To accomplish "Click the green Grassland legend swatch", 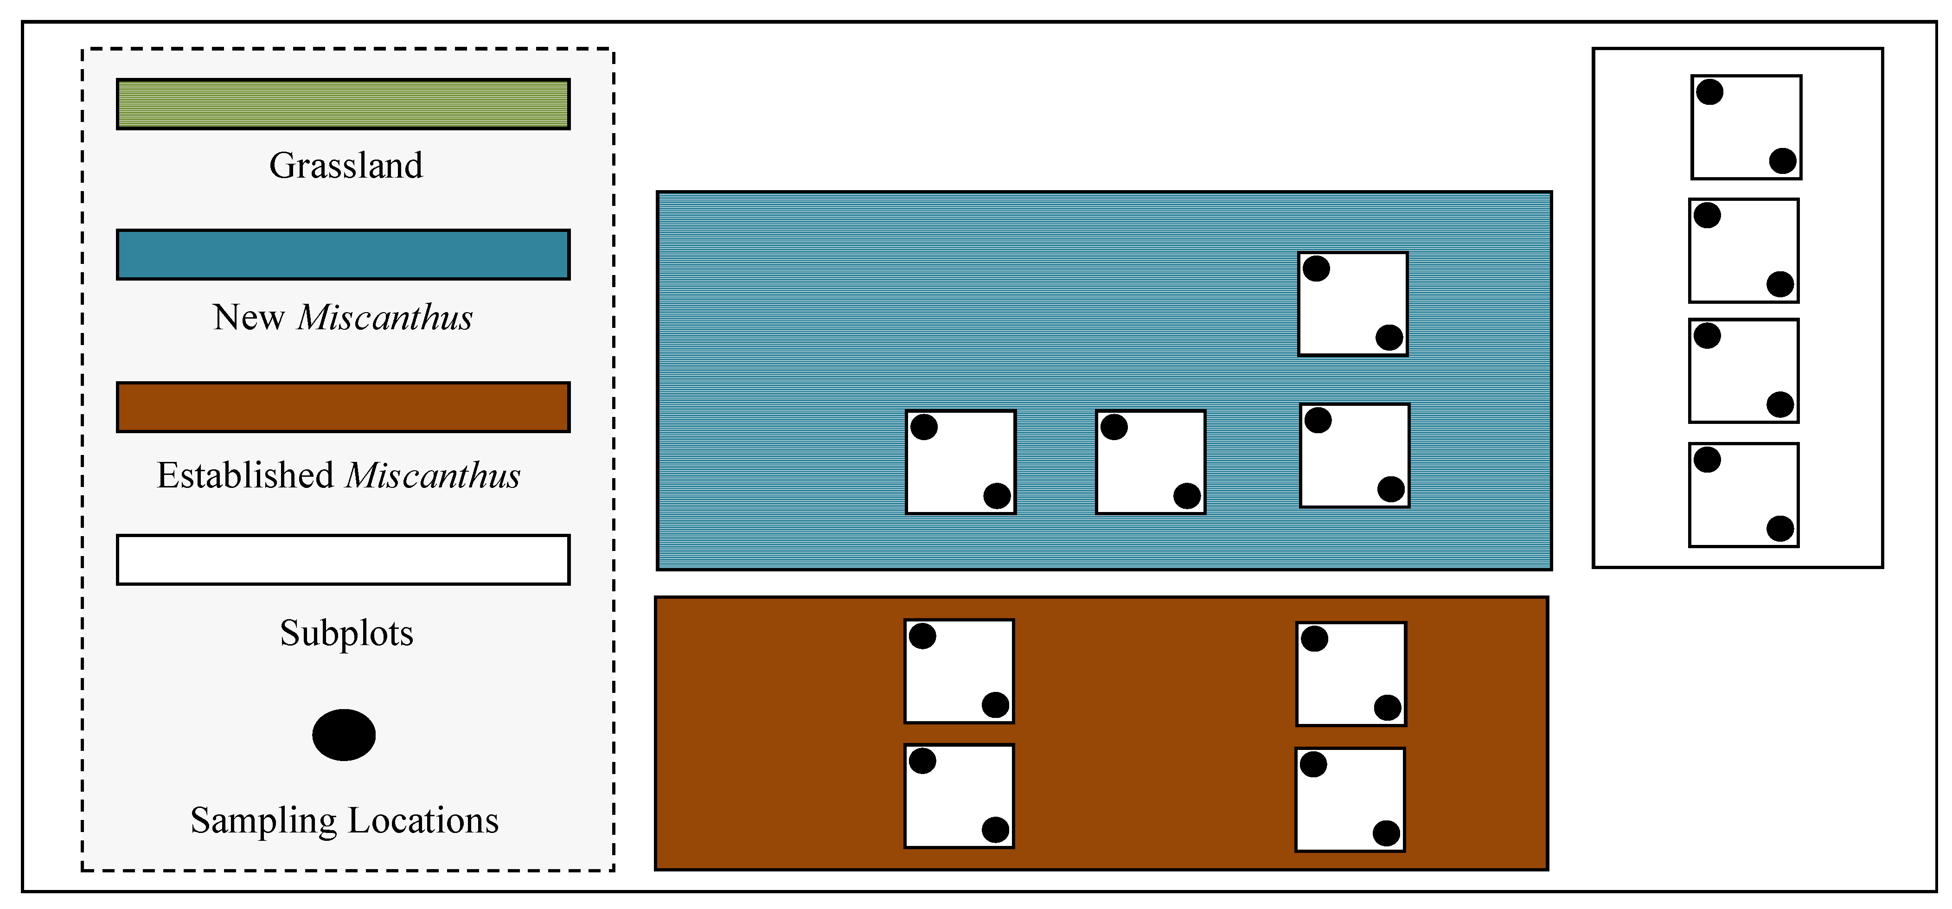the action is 343,104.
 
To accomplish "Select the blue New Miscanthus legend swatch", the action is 343,255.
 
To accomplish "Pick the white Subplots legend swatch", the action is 343,560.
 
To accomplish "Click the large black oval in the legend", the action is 344,735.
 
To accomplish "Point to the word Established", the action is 245,476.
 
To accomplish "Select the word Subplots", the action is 346,633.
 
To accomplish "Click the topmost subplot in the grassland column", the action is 1746,127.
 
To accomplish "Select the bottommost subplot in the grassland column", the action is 1744,495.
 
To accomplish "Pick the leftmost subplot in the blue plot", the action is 960,462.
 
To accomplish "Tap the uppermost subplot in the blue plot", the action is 1353,304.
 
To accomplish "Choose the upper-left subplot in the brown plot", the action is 959,671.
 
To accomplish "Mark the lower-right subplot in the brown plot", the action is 1350,800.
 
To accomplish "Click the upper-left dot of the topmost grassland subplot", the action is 1709,92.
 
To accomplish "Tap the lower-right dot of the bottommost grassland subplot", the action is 1780,529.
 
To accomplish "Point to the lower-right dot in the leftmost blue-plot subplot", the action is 997,496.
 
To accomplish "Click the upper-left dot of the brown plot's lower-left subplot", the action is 922,761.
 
